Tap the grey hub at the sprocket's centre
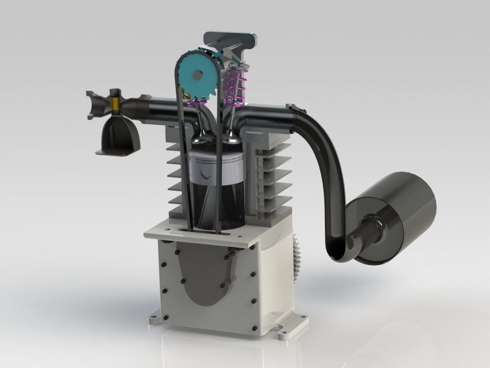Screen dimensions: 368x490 (195, 75)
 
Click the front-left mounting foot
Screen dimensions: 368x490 (158, 320)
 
